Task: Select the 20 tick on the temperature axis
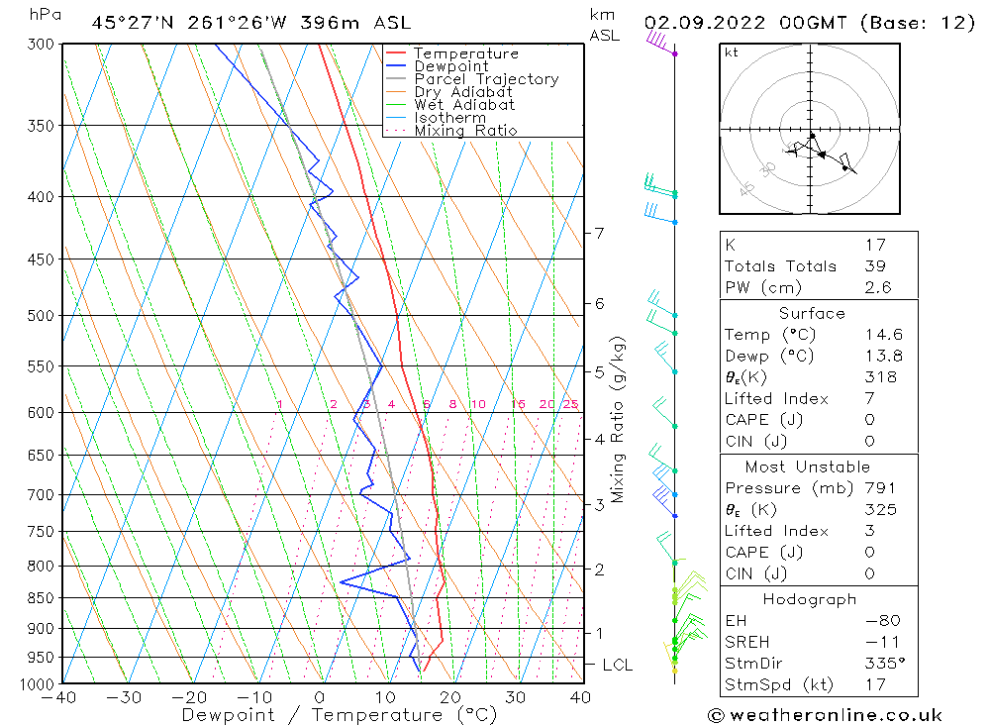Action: click(x=450, y=697)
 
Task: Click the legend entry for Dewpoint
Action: click(x=450, y=66)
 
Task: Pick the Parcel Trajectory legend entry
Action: click(x=485, y=79)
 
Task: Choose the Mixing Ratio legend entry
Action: click(x=464, y=131)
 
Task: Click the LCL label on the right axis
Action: click(x=617, y=666)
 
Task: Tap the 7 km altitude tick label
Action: click(x=599, y=234)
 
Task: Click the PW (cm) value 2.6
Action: click(x=877, y=287)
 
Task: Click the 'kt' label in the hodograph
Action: click(x=732, y=52)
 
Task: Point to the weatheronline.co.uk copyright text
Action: click(x=825, y=715)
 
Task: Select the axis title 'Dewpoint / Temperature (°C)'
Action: click(x=339, y=715)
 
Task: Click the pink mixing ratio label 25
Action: click(x=570, y=404)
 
